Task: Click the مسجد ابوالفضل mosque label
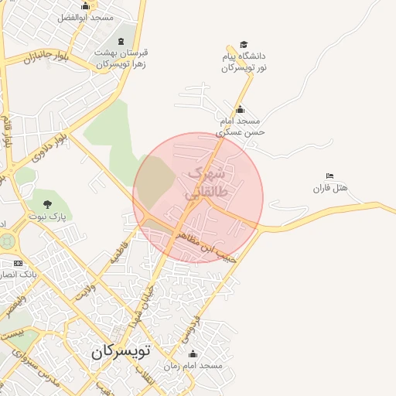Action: point(92,16)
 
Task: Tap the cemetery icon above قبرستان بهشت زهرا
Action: point(120,42)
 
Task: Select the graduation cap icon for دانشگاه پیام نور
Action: point(244,45)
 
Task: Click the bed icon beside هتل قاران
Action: point(330,176)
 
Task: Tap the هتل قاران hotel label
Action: point(331,188)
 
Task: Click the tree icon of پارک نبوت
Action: point(48,204)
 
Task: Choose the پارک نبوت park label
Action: point(46,217)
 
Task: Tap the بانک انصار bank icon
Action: point(18,264)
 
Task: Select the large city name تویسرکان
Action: point(124,352)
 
